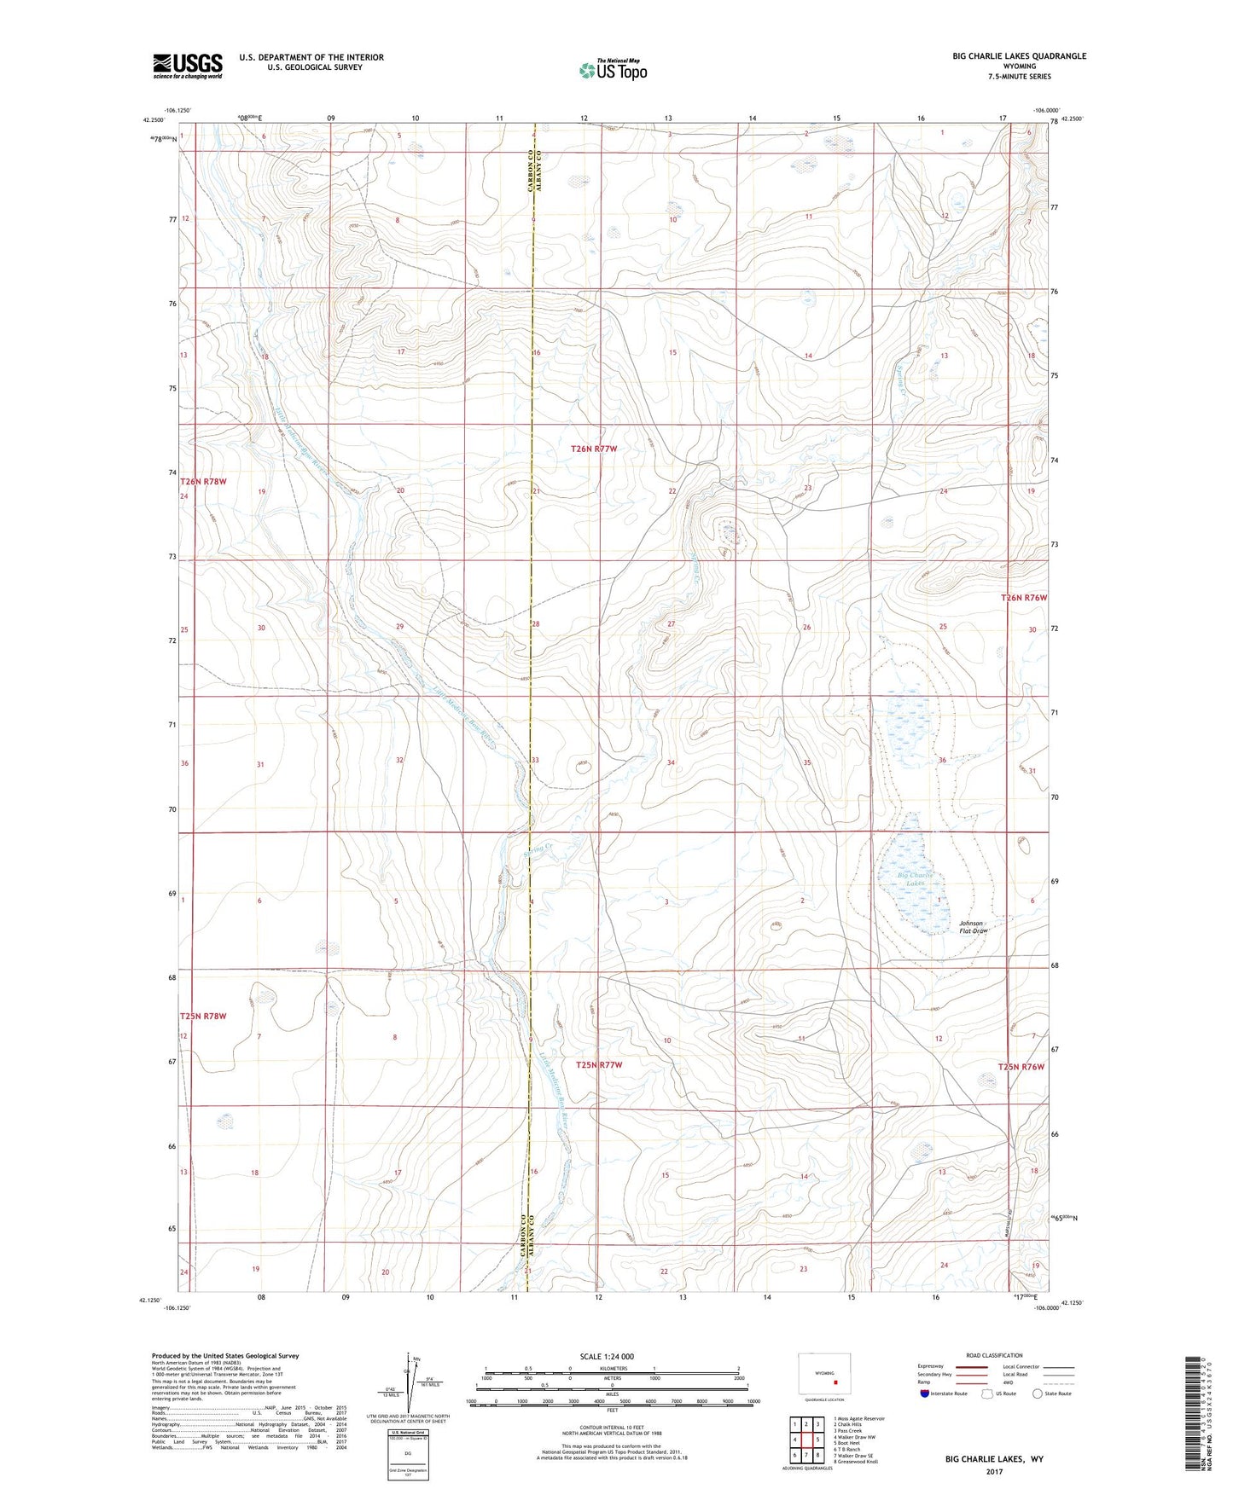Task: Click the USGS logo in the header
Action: [x=188, y=66]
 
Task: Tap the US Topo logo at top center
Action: [x=612, y=70]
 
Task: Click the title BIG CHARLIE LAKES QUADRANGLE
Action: [x=1020, y=56]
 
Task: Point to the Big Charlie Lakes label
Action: [x=916, y=879]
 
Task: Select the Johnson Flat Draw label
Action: [x=974, y=927]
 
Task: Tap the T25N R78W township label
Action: [x=204, y=1017]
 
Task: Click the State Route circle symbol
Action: [x=1038, y=1393]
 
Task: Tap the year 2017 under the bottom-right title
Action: [x=994, y=1471]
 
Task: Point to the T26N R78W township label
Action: [x=204, y=482]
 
